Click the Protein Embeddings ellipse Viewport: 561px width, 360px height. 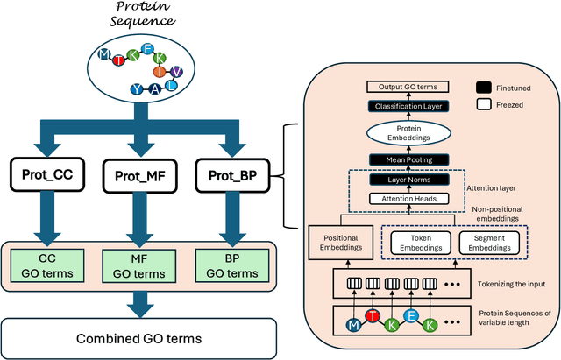401,134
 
